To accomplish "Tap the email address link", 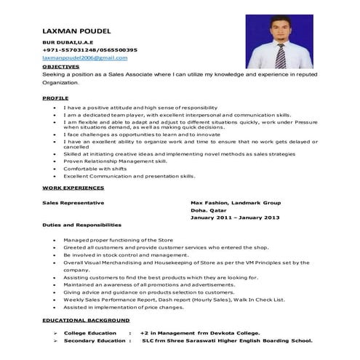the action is click(85, 57).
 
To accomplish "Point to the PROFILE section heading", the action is click(55, 97).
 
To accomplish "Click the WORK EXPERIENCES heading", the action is click(73, 188).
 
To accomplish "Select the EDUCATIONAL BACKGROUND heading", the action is click(86, 320).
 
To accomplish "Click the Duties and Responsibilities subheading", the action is click(81, 225).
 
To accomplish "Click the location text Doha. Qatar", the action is click(209, 209).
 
